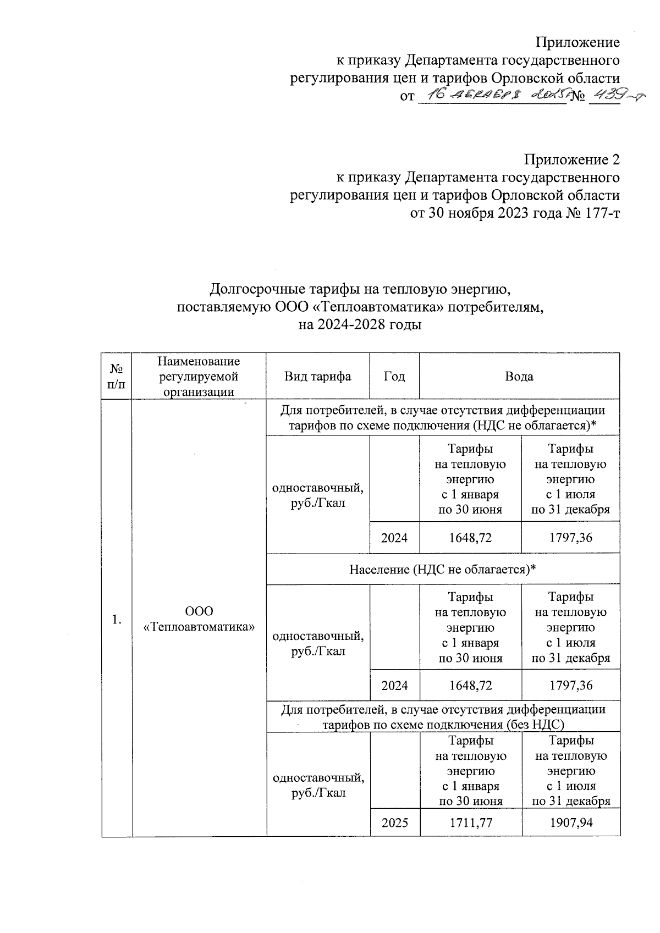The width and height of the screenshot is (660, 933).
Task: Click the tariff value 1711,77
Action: pyautogui.click(x=470, y=822)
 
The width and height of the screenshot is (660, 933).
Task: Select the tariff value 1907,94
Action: pyautogui.click(x=570, y=822)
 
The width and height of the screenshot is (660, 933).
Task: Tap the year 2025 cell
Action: pyautogui.click(x=394, y=822)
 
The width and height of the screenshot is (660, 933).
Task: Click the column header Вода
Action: pyautogui.click(x=519, y=377)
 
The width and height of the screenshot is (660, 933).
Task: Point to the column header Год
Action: pyautogui.click(x=394, y=377)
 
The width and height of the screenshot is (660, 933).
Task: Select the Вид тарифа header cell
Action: pyautogui.click(x=317, y=377)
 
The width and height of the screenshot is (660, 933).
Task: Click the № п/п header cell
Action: pyautogui.click(x=117, y=377)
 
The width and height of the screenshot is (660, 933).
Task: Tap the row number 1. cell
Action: pyautogui.click(x=117, y=620)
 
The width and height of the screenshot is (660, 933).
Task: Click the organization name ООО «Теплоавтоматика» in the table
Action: pyautogui.click(x=199, y=619)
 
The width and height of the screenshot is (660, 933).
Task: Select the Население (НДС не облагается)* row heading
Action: pyautogui.click(x=443, y=570)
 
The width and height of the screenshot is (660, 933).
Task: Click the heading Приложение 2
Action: pyautogui.click(x=571, y=160)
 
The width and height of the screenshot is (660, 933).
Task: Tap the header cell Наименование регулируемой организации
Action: pyautogui.click(x=199, y=377)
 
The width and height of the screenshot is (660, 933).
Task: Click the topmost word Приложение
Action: pyautogui.click(x=577, y=42)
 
